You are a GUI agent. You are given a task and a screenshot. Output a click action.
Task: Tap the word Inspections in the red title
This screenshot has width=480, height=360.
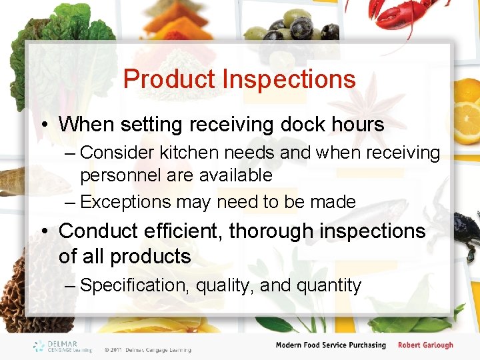tap(289, 79)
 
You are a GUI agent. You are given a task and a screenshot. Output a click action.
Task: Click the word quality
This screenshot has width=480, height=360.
tap(225, 285)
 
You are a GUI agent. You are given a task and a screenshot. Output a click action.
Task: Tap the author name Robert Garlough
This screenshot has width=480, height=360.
tap(425, 345)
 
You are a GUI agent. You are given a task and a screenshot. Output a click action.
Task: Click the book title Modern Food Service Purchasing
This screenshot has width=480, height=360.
tap(331, 345)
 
